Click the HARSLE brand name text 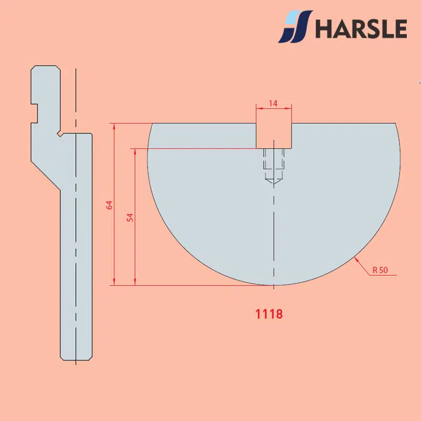[361, 28]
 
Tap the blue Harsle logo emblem [295, 26]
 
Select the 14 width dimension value [273, 103]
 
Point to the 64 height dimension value [109, 205]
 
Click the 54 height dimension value [130, 217]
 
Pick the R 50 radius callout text [380, 270]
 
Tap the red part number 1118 [269, 314]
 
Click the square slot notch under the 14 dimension [274, 136]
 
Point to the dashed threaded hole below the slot [274, 166]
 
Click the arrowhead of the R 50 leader [356, 259]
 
